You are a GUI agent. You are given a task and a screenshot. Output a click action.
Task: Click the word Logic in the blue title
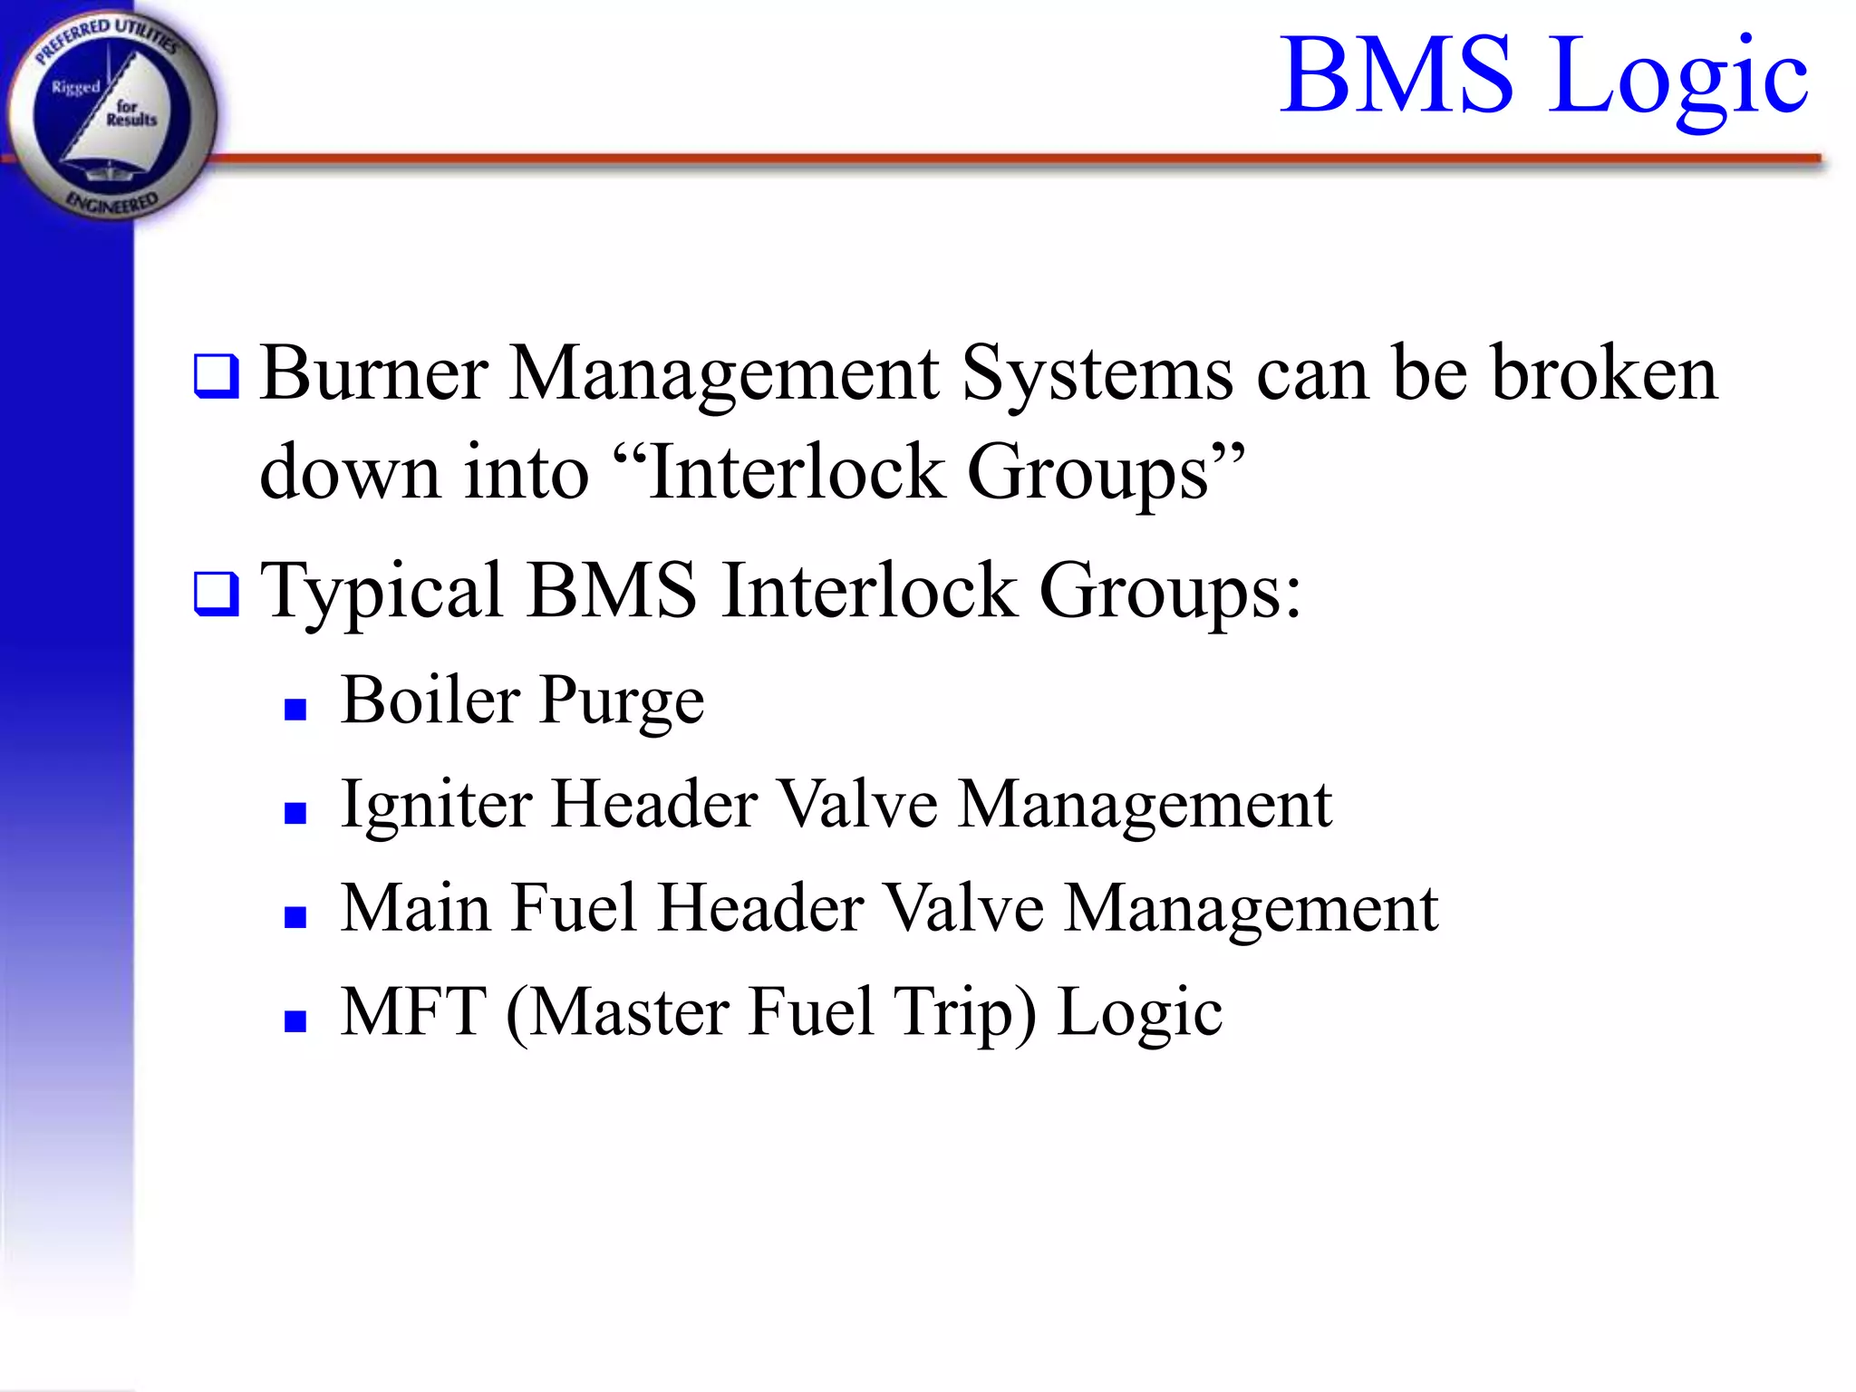coord(1677,76)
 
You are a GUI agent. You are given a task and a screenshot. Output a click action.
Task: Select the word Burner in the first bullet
coord(373,373)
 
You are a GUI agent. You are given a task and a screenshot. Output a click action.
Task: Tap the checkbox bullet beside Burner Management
coord(217,377)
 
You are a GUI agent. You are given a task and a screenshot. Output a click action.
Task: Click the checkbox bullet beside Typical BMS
coord(217,594)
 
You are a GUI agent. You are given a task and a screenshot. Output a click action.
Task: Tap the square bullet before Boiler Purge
coord(295,709)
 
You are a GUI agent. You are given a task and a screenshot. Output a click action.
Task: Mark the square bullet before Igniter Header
coord(295,813)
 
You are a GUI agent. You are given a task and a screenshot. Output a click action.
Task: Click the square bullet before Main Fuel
coord(295,917)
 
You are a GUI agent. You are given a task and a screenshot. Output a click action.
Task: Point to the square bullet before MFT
coord(295,1021)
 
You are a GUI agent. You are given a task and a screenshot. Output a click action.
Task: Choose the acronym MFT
coord(413,1011)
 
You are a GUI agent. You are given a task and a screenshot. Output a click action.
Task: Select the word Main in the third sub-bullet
coord(415,908)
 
